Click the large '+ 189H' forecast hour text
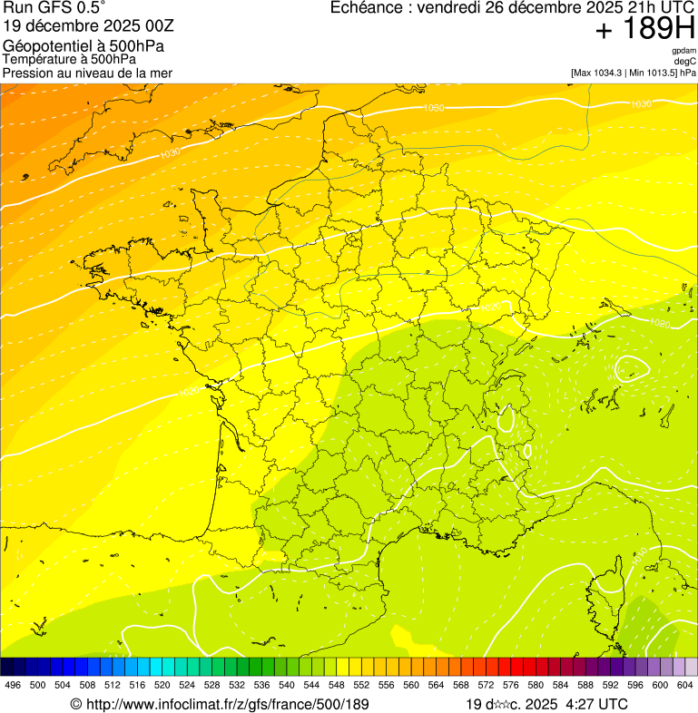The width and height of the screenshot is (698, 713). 644,29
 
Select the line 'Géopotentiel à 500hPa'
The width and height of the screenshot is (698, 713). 84,45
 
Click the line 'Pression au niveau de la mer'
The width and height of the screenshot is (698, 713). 87,73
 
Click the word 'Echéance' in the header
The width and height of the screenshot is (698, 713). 367,8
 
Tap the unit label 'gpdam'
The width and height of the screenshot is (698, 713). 683,51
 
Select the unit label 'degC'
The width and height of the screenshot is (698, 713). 685,61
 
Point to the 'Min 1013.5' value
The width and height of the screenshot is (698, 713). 653,72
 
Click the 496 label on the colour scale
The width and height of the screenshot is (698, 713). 13,686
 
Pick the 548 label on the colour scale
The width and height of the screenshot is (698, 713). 336,686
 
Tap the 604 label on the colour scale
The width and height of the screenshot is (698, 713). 685,686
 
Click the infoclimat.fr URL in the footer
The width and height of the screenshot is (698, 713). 227,704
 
